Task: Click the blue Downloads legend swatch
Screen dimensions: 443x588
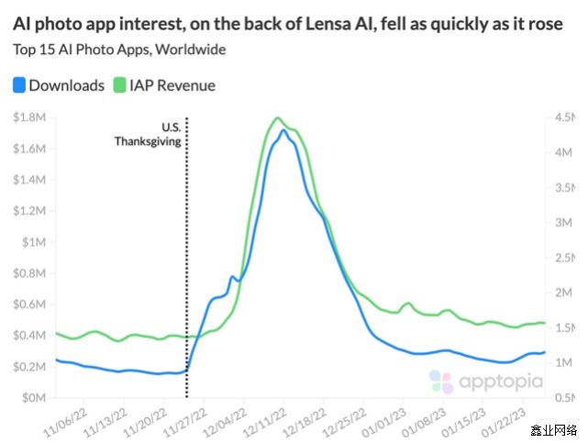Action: click(19, 85)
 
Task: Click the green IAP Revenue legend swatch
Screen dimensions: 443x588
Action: click(119, 85)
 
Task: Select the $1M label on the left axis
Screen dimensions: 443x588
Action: click(36, 242)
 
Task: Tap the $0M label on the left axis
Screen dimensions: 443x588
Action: click(36, 398)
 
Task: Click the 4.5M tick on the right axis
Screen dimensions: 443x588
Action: click(564, 117)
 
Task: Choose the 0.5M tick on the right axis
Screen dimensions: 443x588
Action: click(564, 398)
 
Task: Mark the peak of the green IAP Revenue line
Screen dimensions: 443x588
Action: click(277, 117)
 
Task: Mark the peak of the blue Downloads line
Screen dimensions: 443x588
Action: click(284, 130)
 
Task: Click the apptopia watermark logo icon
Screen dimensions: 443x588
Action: click(441, 382)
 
